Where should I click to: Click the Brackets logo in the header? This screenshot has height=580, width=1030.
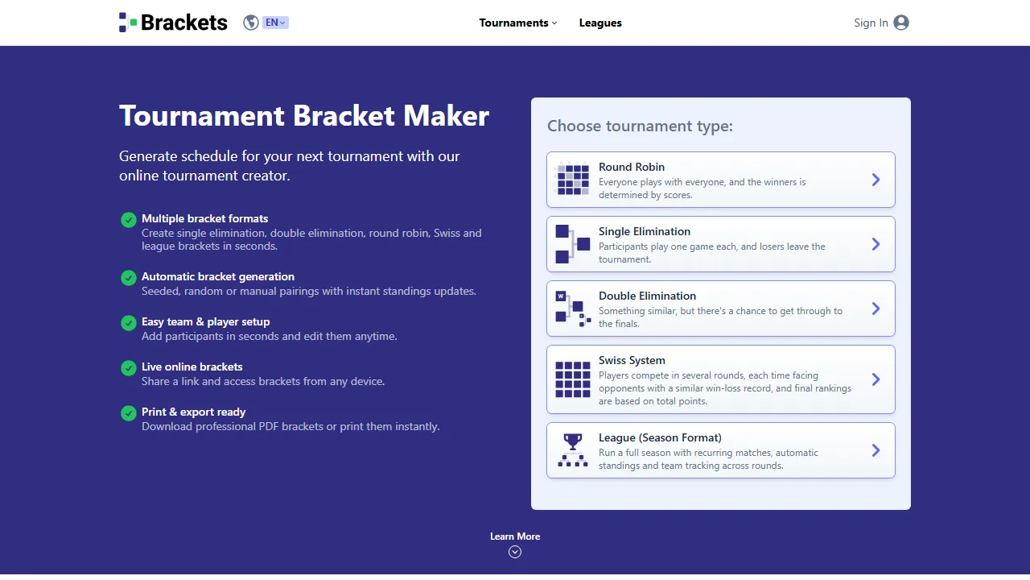point(173,23)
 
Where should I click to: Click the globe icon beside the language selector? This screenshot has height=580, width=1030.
point(251,23)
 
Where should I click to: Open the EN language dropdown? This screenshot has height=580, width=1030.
point(275,23)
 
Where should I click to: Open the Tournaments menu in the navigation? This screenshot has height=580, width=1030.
point(517,23)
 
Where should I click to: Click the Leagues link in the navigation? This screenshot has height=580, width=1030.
point(600,23)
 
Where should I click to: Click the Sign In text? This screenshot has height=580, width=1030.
point(871,23)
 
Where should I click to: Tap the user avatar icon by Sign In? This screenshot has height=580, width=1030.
point(901,23)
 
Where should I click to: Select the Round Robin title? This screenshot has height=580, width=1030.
point(632,167)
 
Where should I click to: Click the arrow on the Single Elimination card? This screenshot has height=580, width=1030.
point(876,244)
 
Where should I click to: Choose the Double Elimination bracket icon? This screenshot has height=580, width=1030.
point(572,309)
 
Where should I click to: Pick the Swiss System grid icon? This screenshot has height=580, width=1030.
point(572,379)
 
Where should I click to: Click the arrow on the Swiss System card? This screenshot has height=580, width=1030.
point(876,379)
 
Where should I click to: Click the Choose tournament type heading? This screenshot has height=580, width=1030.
point(640,126)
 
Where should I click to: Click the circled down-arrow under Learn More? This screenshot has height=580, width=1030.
point(515,552)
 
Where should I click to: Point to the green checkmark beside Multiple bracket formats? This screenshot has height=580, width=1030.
point(128,220)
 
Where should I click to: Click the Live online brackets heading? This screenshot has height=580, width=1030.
point(192,367)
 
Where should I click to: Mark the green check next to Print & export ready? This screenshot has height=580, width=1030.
point(128,413)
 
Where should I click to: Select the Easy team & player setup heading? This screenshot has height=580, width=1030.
point(205,321)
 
